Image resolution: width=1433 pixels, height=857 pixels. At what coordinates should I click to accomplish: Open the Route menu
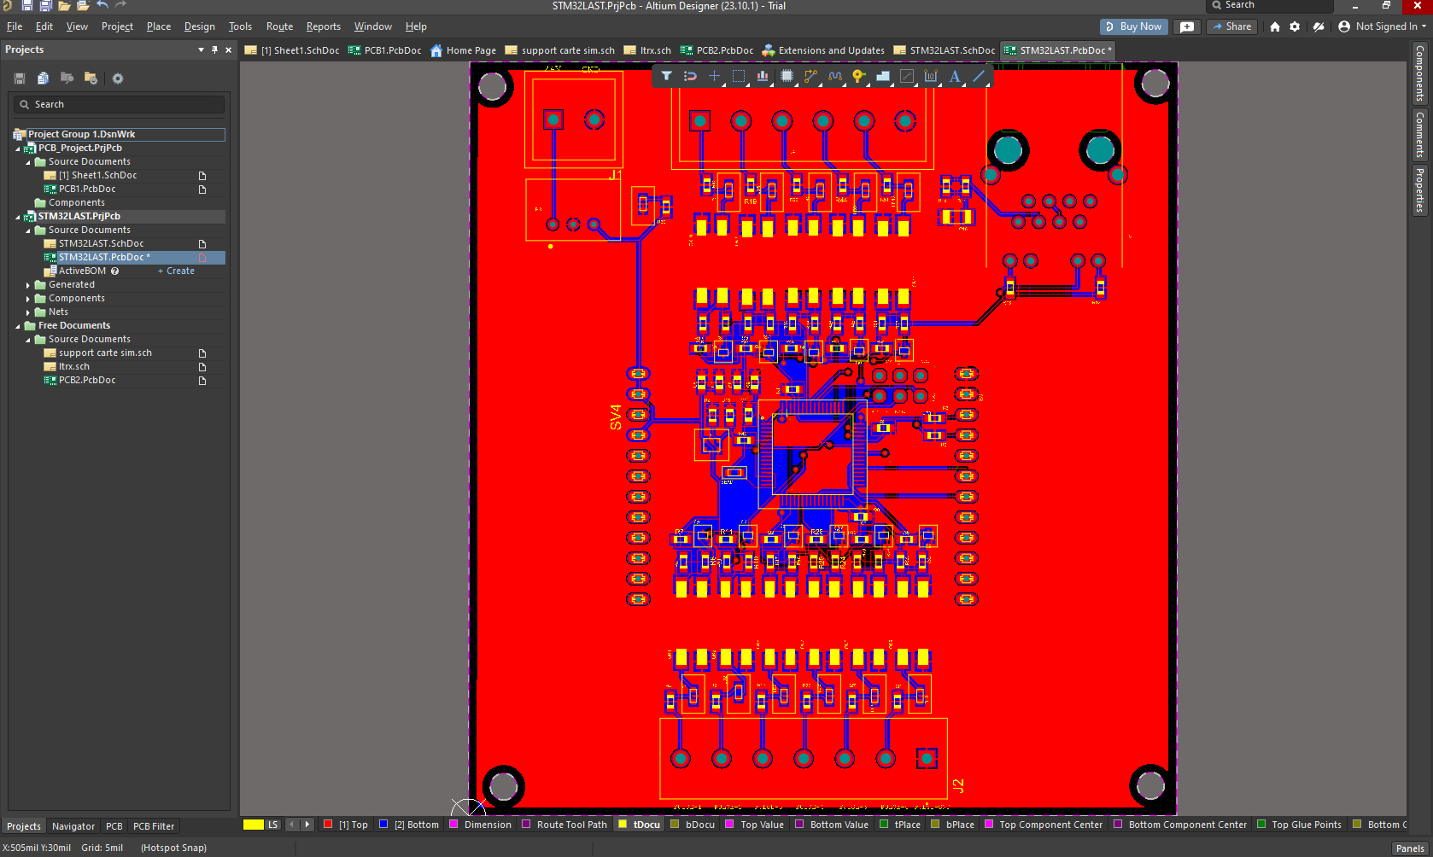tap(279, 26)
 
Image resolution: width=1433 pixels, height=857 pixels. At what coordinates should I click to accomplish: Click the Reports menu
tap(323, 26)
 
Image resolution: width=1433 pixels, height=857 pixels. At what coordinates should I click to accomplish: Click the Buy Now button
tap(1133, 26)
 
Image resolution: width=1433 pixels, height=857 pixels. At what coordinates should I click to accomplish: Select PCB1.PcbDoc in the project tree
tap(87, 189)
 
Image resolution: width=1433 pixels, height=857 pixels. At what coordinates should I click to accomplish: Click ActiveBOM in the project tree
tap(82, 271)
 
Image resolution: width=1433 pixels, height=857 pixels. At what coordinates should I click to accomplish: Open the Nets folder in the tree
tap(58, 312)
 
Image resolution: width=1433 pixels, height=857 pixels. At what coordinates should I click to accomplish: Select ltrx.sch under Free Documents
tap(74, 366)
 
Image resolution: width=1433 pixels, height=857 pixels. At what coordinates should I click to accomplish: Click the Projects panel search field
tap(120, 104)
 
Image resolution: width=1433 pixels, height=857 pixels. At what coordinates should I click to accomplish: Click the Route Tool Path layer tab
tap(571, 825)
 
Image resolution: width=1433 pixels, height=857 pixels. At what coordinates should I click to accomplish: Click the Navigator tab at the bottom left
tap(73, 826)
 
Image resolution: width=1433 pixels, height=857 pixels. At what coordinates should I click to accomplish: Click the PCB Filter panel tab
tap(154, 826)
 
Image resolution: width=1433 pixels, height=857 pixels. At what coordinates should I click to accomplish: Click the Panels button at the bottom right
tap(1409, 848)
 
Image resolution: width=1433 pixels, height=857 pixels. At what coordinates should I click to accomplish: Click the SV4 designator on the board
tap(616, 417)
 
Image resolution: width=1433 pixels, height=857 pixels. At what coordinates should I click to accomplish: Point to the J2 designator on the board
tap(958, 786)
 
